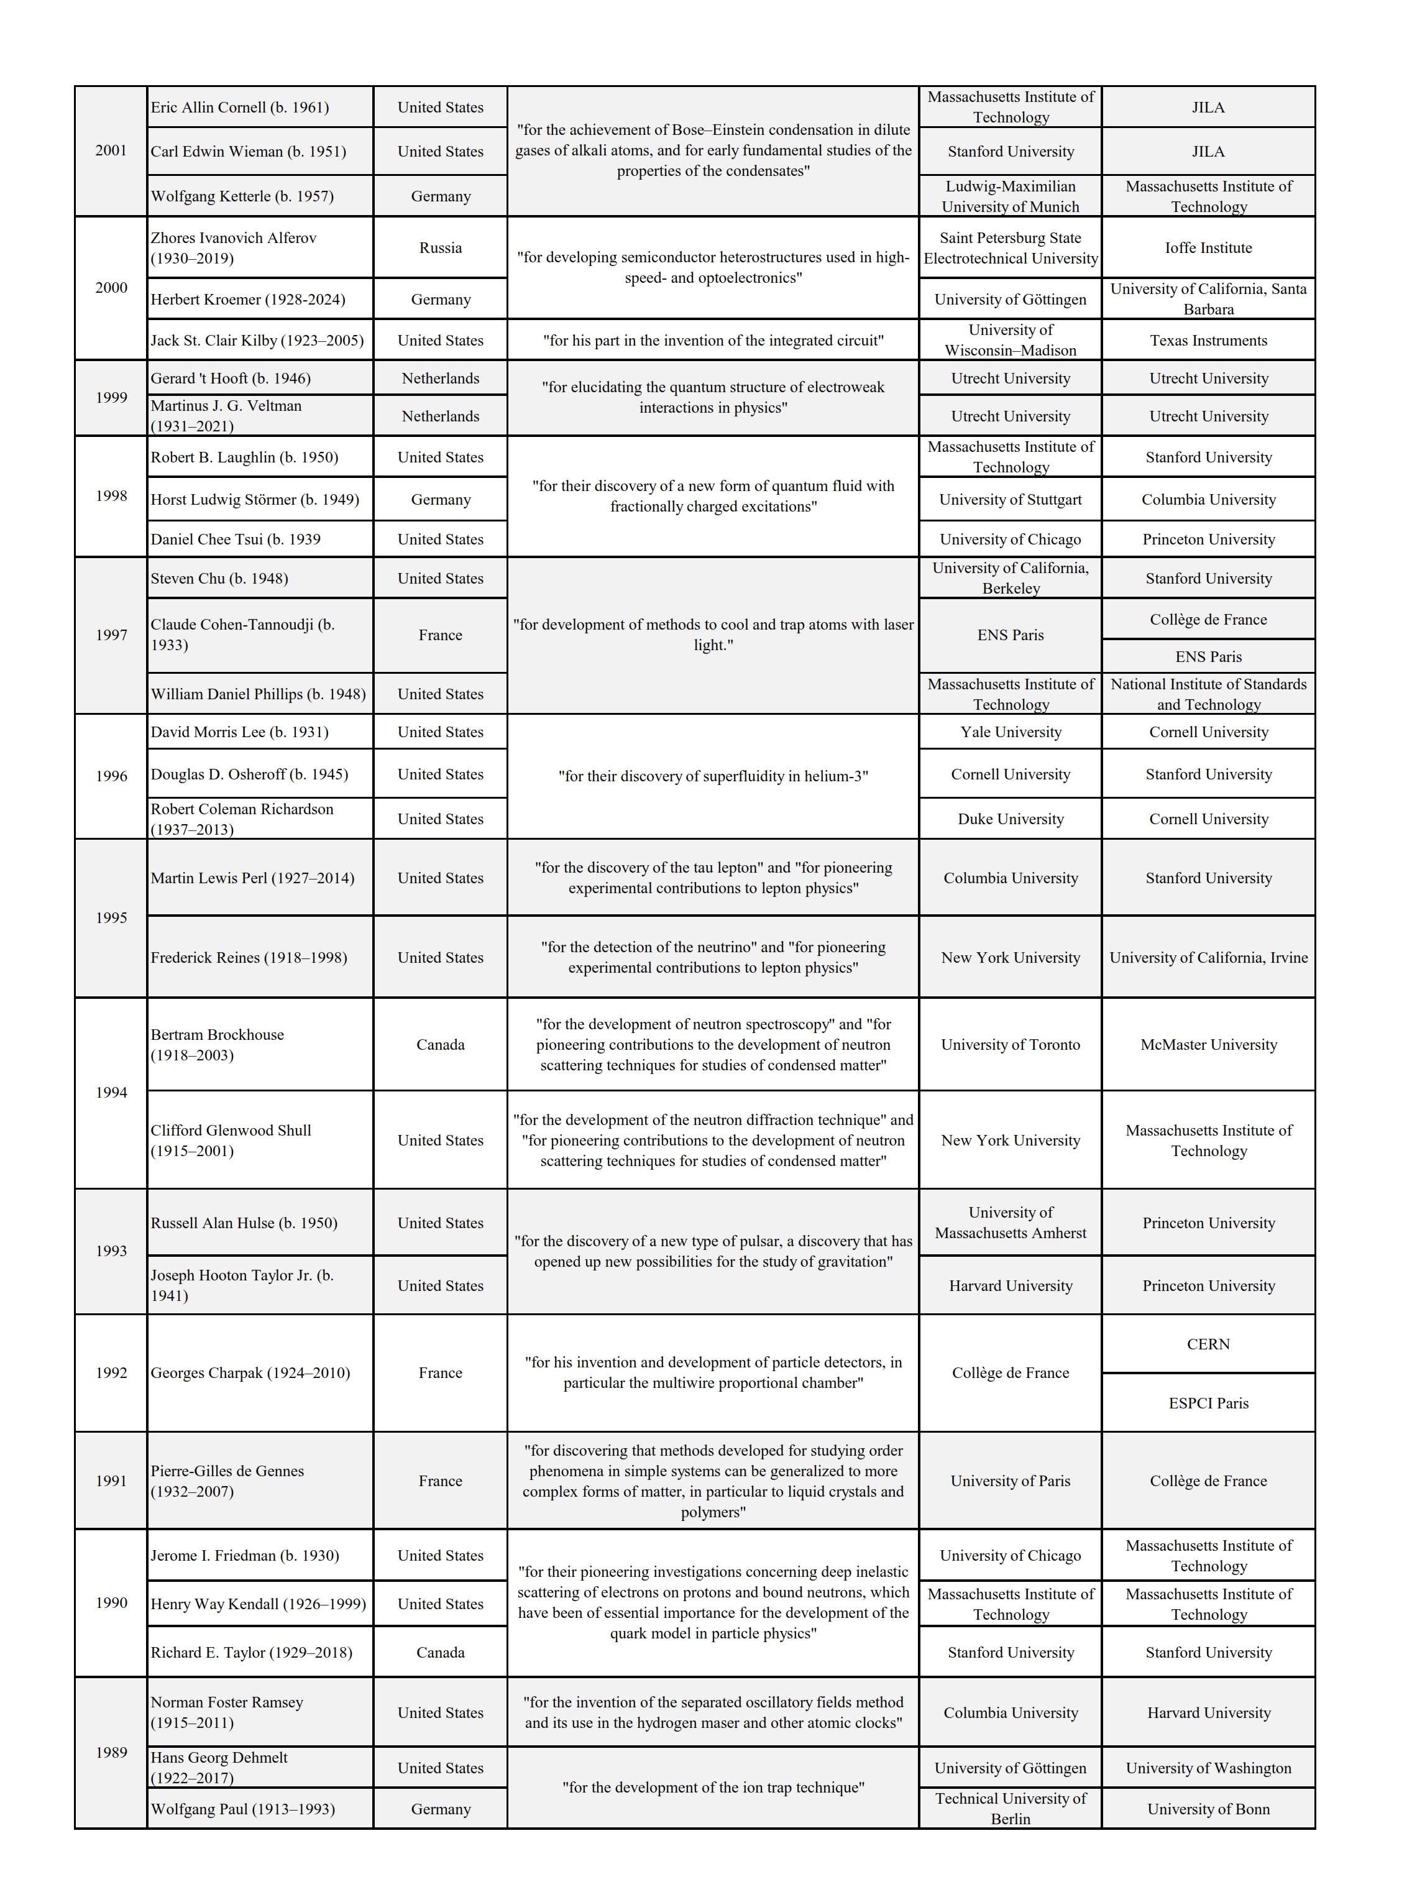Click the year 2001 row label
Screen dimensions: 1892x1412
[111, 150]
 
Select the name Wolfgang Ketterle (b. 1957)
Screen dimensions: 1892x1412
[242, 196]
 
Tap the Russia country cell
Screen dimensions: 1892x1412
[440, 248]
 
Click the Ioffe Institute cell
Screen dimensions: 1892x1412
[1208, 248]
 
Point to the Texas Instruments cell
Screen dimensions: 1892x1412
[1208, 340]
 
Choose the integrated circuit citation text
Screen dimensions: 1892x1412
[713, 340]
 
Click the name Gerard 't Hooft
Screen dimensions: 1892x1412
[231, 378]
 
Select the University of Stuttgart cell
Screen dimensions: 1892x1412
[1011, 499]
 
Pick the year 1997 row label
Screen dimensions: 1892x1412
[111, 635]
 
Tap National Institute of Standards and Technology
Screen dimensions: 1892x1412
[1208, 694]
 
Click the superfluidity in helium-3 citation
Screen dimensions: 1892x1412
[713, 776]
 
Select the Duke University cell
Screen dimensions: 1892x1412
[1011, 819]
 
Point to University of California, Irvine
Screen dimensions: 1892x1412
[1208, 957]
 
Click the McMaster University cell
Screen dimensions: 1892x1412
[1208, 1044]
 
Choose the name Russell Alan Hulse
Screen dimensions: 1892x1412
[244, 1223]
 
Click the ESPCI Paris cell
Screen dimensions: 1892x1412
[1208, 1403]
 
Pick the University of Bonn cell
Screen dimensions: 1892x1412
[1208, 1809]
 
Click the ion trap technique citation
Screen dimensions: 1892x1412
[713, 1788]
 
